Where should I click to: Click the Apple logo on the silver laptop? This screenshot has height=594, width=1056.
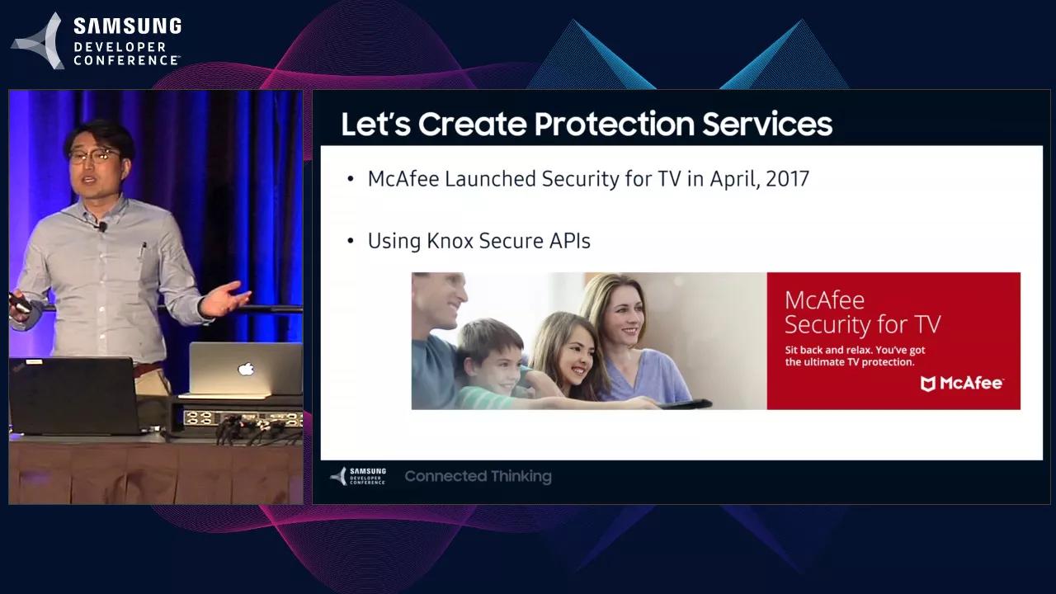click(x=246, y=369)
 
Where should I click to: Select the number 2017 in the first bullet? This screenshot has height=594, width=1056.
click(x=787, y=178)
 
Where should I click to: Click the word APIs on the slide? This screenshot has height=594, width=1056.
click(x=569, y=241)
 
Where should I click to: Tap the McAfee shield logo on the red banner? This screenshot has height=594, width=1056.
click(x=928, y=383)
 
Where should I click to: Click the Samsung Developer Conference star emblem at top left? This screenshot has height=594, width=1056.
click(x=39, y=41)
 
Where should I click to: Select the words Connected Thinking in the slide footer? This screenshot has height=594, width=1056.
click(x=478, y=476)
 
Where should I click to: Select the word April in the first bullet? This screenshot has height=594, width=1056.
click(x=733, y=178)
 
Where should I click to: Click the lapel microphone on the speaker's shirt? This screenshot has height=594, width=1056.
click(x=102, y=225)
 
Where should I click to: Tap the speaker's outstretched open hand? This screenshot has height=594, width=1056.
click(x=227, y=299)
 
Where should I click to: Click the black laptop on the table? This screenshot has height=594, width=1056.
click(x=74, y=397)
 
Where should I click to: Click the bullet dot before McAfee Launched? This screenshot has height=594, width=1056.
click(x=351, y=179)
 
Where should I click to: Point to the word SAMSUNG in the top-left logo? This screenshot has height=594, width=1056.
click(x=127, y=26)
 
